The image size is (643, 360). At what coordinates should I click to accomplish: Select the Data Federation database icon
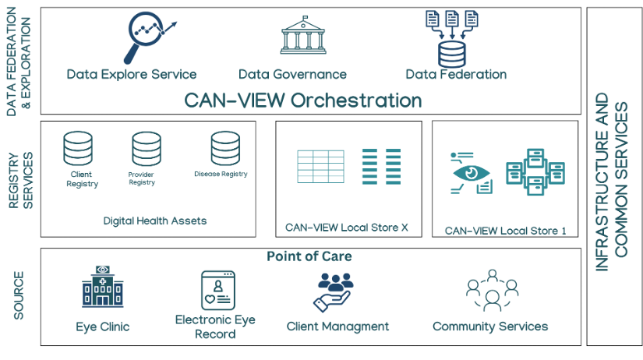pyautogui.click(x=450, y=39)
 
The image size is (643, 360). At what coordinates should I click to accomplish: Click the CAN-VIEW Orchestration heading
pyautogui.click(x=303, y=101)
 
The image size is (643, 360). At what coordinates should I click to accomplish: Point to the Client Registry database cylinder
pyautogui.click(x=78, y=148)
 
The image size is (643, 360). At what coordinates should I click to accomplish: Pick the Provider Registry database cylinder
pyautogui.click(x=146, y=148)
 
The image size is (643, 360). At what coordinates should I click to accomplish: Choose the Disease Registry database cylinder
pyautogui.click(x=225, y=148)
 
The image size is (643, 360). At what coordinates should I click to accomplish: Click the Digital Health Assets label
pyautogui.click(x=155, y=221)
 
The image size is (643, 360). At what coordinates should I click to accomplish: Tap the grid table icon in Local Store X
pyautogui.click(x=320, y=166)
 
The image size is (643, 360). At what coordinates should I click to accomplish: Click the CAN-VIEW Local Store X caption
pyautogui.click(x=347, y=228)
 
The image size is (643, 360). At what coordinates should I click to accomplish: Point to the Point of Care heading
pyautogui.click(x=309, y=256)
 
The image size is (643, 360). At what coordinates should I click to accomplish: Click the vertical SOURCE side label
pyautogui.click(x=19, y=296)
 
